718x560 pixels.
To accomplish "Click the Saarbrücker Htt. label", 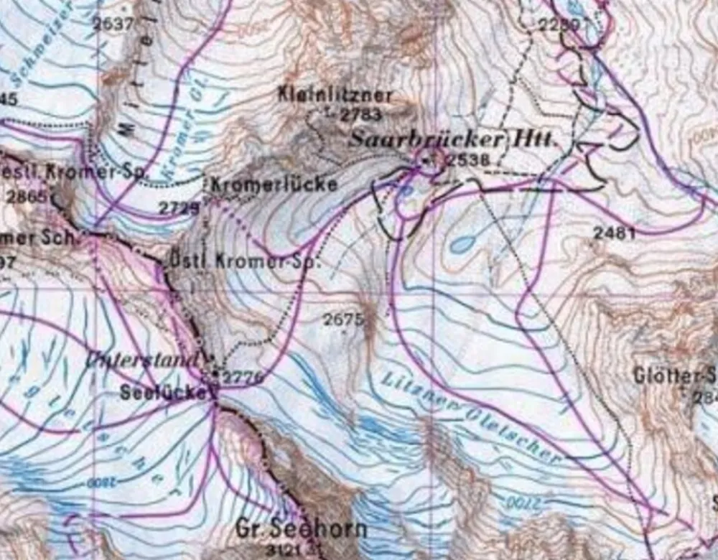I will [x=452, y=139].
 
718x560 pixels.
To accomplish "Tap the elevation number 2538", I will [x=467, y=159].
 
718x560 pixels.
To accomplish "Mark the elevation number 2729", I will [x=178, y=208].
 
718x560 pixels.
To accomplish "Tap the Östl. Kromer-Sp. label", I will [x=245, y=262].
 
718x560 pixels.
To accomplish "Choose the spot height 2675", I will [x=343, y=320].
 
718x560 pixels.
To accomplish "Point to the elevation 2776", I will [x=242, y=378].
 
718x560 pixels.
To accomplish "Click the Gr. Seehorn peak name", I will [x=301, y=530].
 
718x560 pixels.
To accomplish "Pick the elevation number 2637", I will [x=113, y=24].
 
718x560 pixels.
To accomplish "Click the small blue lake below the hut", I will [x=463, y=244].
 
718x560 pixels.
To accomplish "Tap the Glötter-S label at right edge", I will [x=674, y=375].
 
